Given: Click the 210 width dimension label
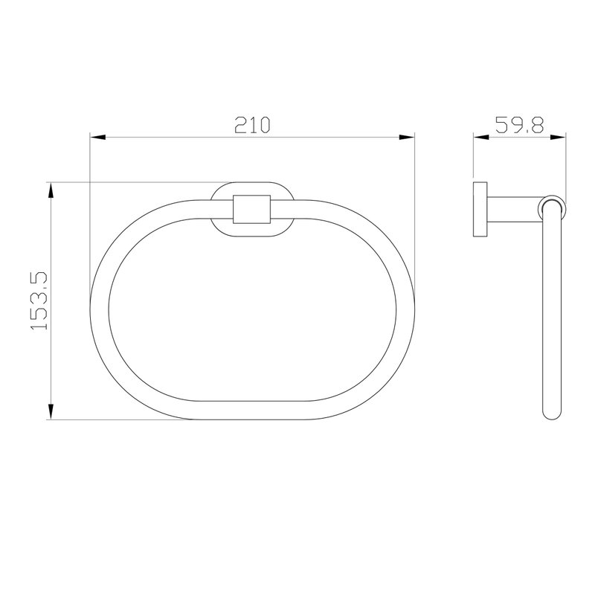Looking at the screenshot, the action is coord(252,125).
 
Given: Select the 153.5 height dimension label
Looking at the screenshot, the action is coord(39,300).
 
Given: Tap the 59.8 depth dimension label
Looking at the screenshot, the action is coord(519,125).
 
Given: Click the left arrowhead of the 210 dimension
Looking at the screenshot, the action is coord(97,138).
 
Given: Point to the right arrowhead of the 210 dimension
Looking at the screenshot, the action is coord(407,138).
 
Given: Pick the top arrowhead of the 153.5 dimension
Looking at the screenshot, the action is coord(51,190).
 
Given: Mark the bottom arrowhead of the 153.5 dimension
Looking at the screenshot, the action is coord(51,412).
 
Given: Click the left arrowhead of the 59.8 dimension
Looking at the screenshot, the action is coord(480,138).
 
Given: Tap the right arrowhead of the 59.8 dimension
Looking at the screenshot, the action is coord(559,138).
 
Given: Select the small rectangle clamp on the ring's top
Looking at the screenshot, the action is coord(252,209).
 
